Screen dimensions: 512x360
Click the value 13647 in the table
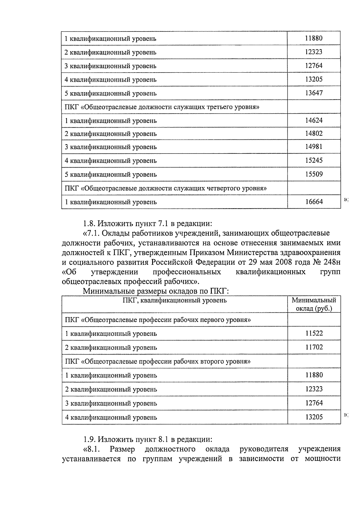[x=314, y=93]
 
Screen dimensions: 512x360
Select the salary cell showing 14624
[x=314, y=121]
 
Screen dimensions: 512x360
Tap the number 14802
[x=314, y=134]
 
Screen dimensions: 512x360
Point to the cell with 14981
[x=314, y=147]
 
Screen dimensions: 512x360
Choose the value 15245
[x=314, y=160]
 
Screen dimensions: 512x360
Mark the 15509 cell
[x=314, y=174]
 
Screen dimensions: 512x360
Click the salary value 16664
[x=314, y=202]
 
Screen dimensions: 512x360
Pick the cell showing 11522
[x=314, y=333]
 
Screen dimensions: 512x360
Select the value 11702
[x=314, y=347]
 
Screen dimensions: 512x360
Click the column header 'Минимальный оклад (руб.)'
[x=314, y=305]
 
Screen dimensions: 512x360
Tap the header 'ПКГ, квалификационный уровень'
[x=175, y=300]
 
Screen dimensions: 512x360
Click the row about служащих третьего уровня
[x=162, y=107]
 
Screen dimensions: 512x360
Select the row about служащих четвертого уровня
[x=166, y=188]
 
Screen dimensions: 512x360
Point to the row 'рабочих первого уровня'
[x=158, y=320]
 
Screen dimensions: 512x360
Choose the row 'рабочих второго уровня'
[x=158, y=362]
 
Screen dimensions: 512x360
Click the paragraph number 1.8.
[x=89, y=224]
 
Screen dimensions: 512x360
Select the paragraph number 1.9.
[x=89, y=439]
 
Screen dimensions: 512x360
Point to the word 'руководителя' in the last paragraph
[x=264, y=449]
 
